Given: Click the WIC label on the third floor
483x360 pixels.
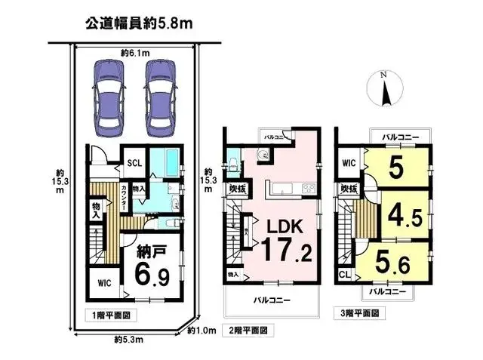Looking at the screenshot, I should click(x=349, y=162).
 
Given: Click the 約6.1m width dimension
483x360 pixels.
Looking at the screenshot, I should click(x=133, y=53).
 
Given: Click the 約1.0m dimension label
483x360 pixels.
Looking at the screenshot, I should click(x=202, y=330).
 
